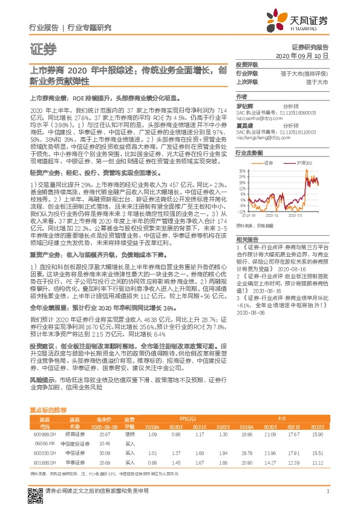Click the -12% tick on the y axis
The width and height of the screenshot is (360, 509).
point(241,195)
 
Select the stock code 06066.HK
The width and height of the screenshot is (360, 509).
point(42,443)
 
